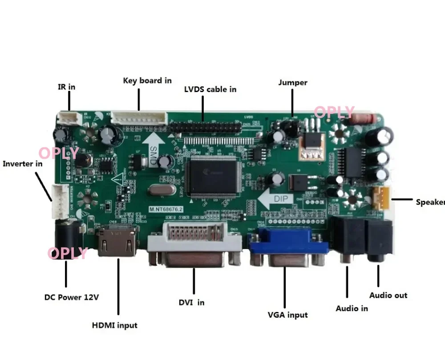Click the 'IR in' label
[x=67, y=87]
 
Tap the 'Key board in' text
[x=147, y=81]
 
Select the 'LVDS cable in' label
[x=210, y=89]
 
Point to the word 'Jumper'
[x=293, y=82]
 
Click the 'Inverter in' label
[x=23, y=163]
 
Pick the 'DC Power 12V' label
[x=71, y=297]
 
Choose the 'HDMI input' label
[x=115, y=325]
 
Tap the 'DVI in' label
[x=192, y=302]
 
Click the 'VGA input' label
[x=287, y=315]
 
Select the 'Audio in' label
[x=352, y=308]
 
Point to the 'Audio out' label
[x=388, y=295]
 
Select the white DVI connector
[x=194, y=245]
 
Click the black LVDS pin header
[x=206, y=127]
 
